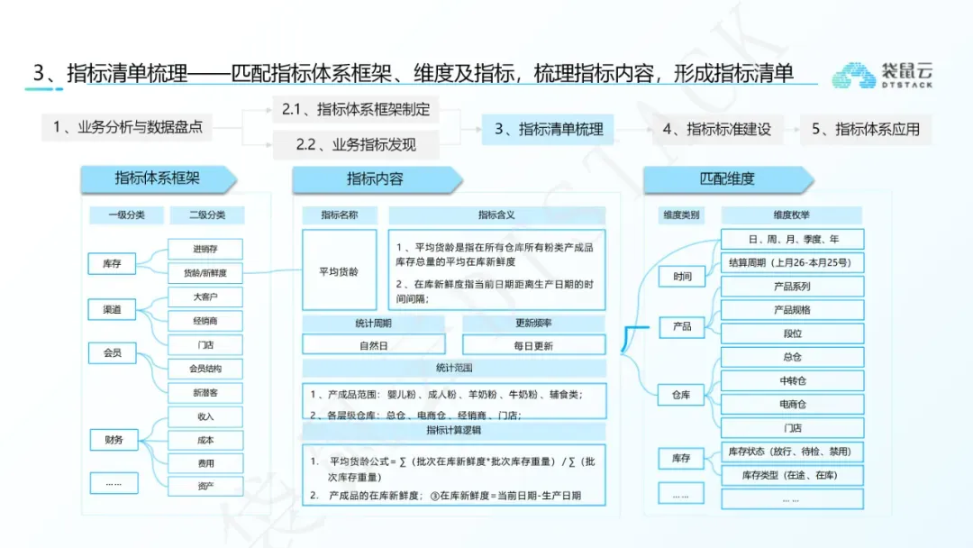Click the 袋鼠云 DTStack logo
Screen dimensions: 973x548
(881, 75)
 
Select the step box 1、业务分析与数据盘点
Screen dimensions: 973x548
(126, 127)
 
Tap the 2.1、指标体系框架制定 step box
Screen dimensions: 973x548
(356, 110)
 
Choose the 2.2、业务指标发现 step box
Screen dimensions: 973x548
(356, 144)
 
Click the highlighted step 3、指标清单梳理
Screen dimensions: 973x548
(548, 129)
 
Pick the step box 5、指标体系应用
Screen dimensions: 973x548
(865, 129)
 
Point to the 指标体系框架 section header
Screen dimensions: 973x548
(158, 178)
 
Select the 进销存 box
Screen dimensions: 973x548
(205, 249)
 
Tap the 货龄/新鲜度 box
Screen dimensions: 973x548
(205, 272)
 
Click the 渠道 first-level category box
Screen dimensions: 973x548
(112, 310)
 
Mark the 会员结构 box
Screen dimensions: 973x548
(205, 369)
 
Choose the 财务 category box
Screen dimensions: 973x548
(114, 440)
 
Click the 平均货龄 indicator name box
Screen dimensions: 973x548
(339, 271)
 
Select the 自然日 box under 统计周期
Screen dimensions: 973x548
(375, 345)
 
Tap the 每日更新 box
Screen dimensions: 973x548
(533, 345)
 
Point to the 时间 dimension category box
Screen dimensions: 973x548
(682, 277)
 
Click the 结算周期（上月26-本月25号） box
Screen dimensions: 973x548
(792, 262)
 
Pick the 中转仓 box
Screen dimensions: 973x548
(792, 380)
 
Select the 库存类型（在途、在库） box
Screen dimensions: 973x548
(792, 475)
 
